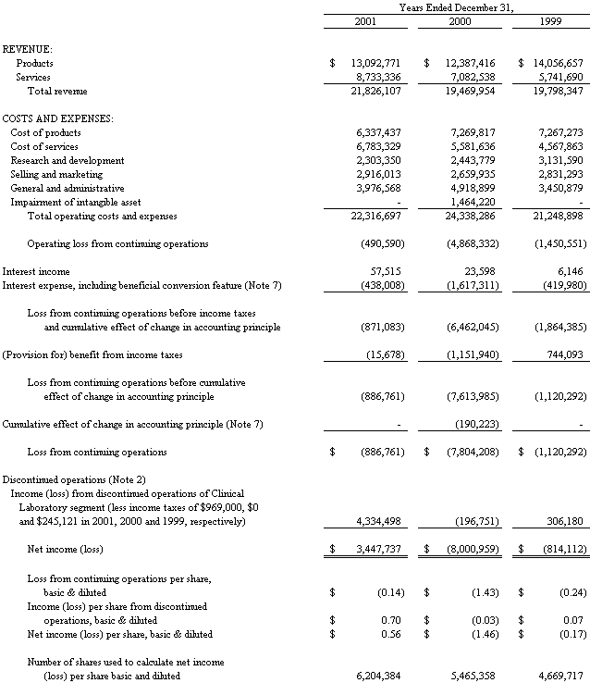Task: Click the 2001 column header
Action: (x=365, y=21)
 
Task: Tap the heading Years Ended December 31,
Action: (x=457, y=7)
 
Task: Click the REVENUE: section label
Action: (x=28, y=48)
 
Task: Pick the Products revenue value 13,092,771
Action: (x=375, y=63)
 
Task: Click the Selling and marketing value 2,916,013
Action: (x=378, y=174)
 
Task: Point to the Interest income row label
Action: (x=36, y=271)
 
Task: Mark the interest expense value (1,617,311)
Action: (x=469, y=285)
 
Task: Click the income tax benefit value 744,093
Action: (x=560, y=355)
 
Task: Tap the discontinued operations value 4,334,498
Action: (x=378, y=522)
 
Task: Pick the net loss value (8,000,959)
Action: (x=469, y=550)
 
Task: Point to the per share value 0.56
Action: (x=389, y=634)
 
